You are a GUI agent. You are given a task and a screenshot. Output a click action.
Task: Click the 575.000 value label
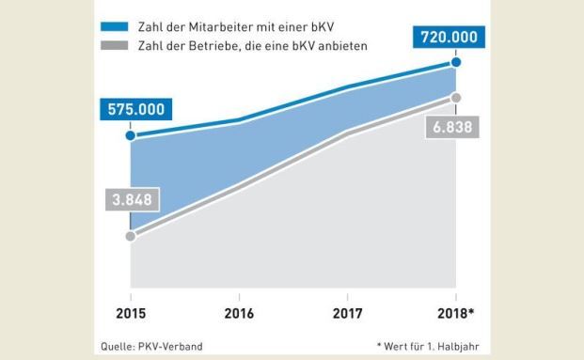click(x=135, y=109)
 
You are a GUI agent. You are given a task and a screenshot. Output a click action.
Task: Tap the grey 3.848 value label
click(x=127, y=199)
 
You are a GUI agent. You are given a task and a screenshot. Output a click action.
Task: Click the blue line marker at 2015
click(x=131, y=136)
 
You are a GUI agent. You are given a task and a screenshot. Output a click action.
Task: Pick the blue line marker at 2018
click(x=456, y=63)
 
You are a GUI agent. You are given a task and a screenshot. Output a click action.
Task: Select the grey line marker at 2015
click(x=131, y=236)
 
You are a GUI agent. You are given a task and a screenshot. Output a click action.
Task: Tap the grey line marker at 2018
click(x=456, y=98)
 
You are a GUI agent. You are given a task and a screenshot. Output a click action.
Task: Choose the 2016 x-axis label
click(x=239, y=314)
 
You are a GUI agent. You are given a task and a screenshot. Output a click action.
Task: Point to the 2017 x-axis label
click(x=348, y=314)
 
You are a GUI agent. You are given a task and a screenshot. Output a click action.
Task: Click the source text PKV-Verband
click(x=172, y=346)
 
